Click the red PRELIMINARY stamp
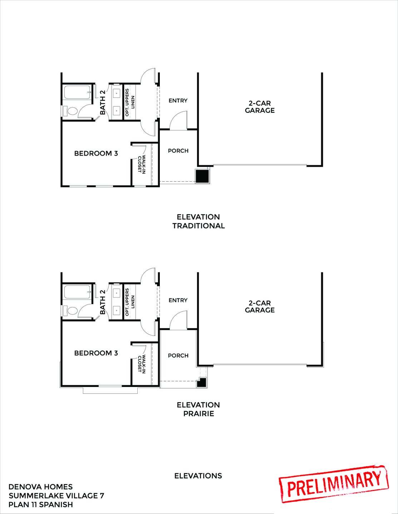(x=334, y=485)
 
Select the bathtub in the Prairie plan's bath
(x=77, y=292)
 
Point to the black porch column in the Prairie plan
(x=203, y=382)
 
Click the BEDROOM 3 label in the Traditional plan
(x=96, y=153)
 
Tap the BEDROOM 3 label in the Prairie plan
(x=96, y=353)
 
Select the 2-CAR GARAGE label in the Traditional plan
(x=260, y=107)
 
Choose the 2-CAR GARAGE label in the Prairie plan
(x=260, y=307)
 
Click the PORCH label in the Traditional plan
(x=178, y=151)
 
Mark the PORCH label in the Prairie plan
(x=178, y=356)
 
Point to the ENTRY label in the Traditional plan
(x=178, y=101)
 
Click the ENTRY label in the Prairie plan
(x=178, y=300)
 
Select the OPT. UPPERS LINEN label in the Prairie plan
(x=130, y=302)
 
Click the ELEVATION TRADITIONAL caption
(x=198, y=221)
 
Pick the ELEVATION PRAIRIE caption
(x=198, y=409)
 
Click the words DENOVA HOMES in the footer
(x=40, y=487)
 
